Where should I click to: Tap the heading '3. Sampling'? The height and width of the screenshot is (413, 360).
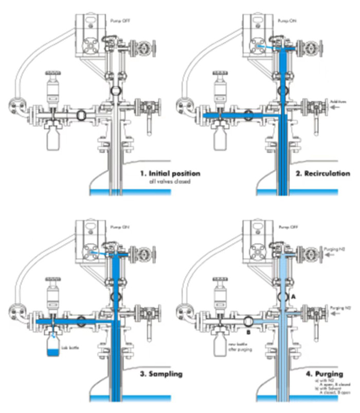pyautogui.click(x=162, y=374)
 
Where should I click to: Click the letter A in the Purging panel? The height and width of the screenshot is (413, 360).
pyautogui.click(x=293, y=297)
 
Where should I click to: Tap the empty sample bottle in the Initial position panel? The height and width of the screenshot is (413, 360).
pyautogui.click(x=53, y=139)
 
